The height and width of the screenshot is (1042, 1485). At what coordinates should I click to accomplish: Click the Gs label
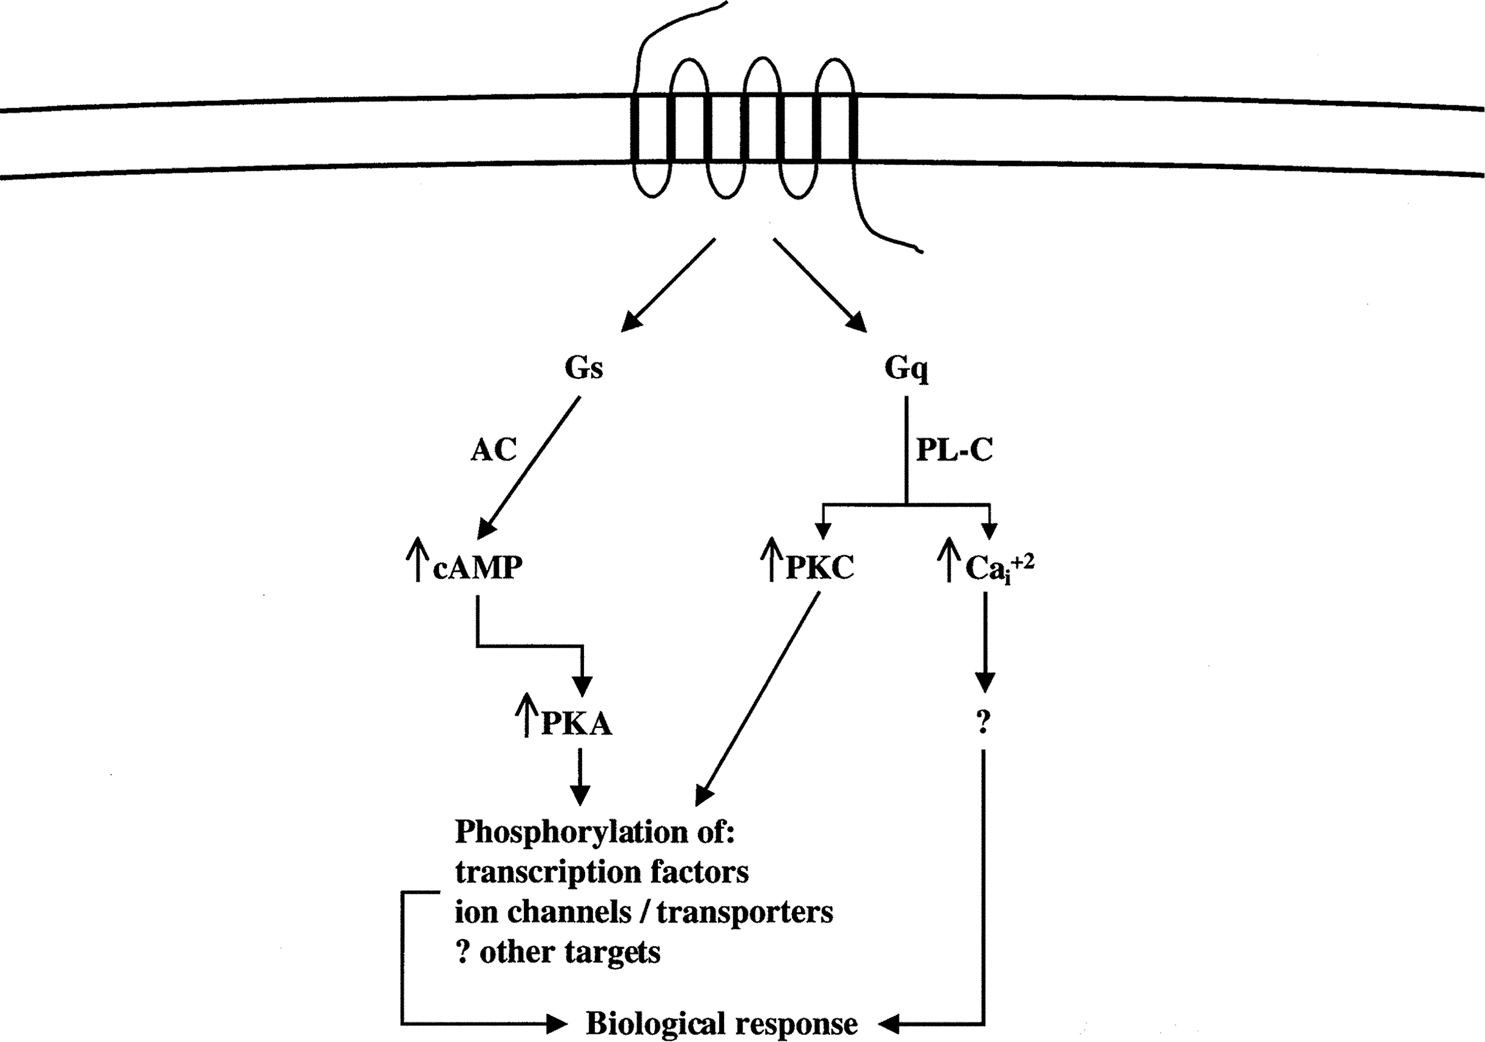(x=583, y=368)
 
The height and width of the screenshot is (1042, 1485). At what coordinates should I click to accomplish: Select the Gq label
(x=906, y=369)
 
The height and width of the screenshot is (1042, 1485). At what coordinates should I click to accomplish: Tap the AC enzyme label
(x=493, y=450)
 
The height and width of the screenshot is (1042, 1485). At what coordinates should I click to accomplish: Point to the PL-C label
(x=954, y=450)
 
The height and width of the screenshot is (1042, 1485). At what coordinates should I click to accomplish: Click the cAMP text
(x=477, y=567)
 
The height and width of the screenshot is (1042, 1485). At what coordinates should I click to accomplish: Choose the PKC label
(x=819, y=567)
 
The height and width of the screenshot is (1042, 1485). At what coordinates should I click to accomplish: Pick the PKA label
(x=576, y=723)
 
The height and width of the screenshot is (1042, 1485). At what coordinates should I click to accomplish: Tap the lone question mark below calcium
(x=983, y=722)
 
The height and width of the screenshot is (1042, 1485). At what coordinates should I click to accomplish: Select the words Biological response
(x=721, y=1024)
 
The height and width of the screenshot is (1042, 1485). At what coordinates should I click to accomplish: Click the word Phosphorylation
(x=570, y=832)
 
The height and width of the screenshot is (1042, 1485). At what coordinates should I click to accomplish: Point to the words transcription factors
(x=601, y=872)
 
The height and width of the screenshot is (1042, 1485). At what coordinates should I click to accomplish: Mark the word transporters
(x=744, y=912)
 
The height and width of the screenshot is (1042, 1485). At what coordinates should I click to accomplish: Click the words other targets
(x=569, y=952)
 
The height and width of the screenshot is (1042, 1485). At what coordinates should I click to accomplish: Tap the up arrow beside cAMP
(x=418, y=559)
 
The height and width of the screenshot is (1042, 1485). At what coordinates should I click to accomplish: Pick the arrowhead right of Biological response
(x=888, y=1024)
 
